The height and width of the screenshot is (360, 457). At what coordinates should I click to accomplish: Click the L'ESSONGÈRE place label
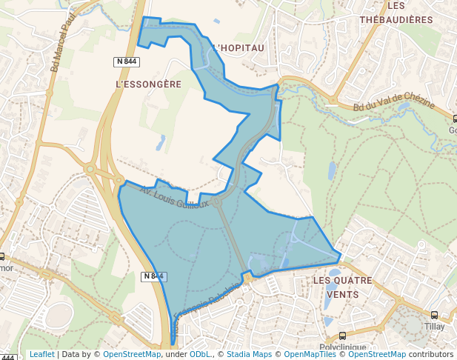click(x=149, y=84)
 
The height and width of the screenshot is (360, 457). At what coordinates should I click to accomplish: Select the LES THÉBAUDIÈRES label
click(x=396, y=13)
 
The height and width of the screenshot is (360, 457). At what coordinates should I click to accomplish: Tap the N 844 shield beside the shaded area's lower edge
click(x=153, y=276)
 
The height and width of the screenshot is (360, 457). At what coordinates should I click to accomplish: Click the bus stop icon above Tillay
click(x=434, y=314)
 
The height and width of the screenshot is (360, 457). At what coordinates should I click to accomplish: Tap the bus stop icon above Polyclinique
click(x=341, y=336)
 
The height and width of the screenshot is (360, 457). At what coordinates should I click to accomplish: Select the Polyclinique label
click(x=343, y=347)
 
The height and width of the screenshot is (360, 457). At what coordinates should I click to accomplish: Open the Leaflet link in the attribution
click(x=41, y=354)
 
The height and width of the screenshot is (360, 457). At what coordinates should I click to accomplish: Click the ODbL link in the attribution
click(x=201, y=354)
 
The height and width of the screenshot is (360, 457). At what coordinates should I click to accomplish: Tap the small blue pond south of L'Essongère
click(x=161, y=142)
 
